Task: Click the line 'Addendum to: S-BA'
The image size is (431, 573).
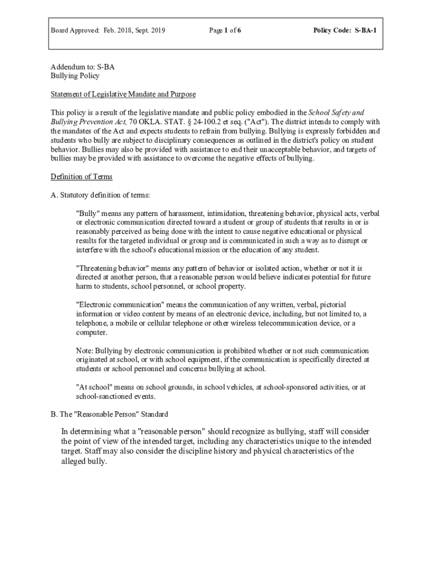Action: coord(82,67)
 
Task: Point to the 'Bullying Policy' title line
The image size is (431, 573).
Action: coord(74,76)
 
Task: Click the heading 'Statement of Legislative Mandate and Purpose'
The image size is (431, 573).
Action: coord(123,94)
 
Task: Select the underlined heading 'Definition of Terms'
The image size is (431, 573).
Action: coord(81,177)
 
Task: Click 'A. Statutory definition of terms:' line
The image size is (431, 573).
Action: coord(100,195)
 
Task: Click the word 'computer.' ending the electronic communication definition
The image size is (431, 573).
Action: coord(92,332)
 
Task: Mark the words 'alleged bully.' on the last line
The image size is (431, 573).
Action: coord(83,462)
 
